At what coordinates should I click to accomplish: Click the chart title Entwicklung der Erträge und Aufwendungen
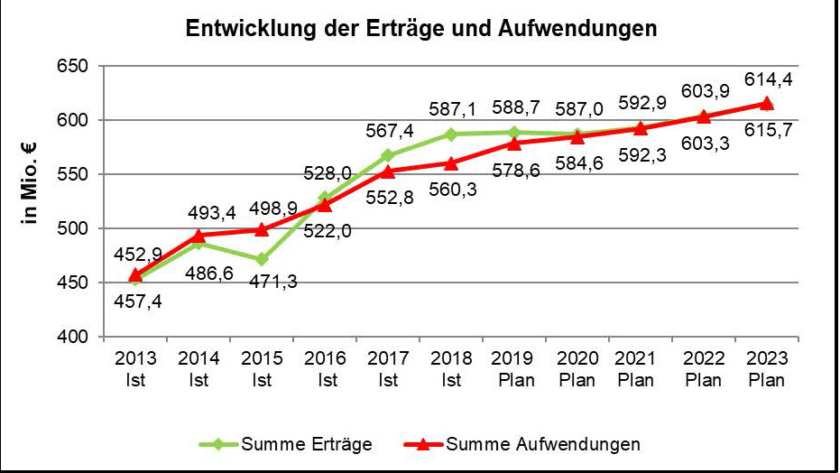click(421, 28)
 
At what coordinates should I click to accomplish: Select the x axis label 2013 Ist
click(135, 368)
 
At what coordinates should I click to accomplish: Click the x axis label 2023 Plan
click(767, 368)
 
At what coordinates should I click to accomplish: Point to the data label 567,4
click(390, 132)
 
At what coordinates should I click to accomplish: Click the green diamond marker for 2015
click(262, 259)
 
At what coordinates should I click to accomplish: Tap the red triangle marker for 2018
click(451, 163)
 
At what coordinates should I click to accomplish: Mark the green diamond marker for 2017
click(388, 155)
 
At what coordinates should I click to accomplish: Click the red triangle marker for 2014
click(198, 236)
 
